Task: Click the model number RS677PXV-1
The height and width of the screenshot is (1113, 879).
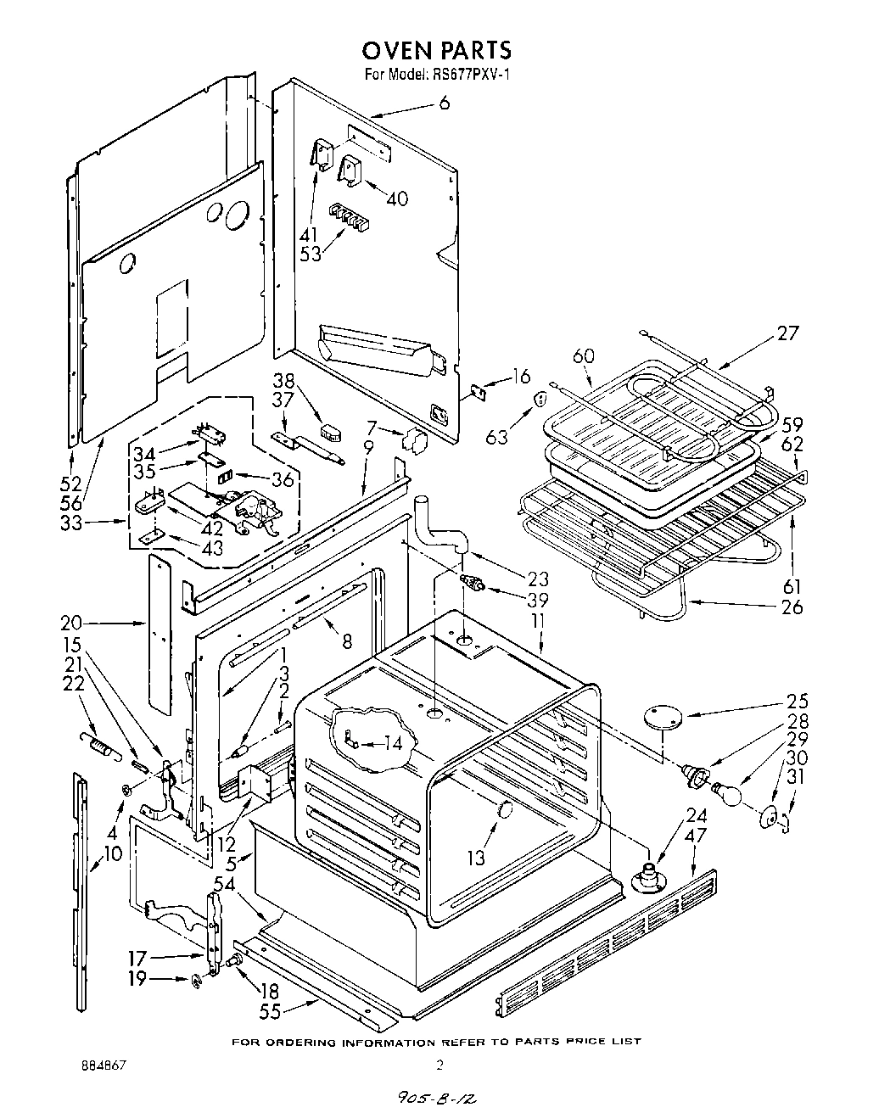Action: click(x=465, y=75)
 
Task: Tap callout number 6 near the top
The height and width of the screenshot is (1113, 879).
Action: click(x=444, y=103)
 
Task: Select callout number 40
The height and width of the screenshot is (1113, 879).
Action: click(x=396, y=199)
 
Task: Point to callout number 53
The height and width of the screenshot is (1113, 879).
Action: click(x=311, y=253)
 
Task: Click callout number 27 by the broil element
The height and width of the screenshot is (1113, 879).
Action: click(x=787, y=333)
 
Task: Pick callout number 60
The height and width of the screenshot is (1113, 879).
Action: click(x=585, y=356)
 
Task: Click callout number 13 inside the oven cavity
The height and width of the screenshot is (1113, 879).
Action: click(x=476, y=858)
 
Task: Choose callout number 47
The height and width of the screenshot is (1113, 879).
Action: click(x=696, y=836)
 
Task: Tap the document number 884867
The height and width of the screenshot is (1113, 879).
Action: click(x=104, y=1065)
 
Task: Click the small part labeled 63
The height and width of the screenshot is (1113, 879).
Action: click(x=538, y=399)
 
